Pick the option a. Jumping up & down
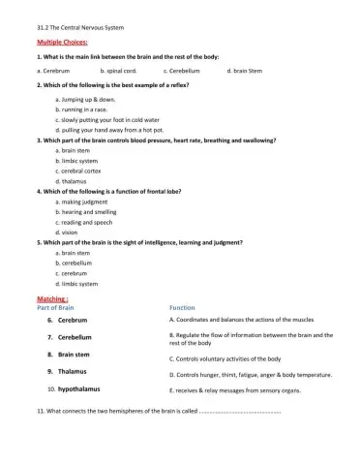(x=86, y=100)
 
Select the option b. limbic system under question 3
(x=77, y=161)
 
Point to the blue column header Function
(x=182, y=308)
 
